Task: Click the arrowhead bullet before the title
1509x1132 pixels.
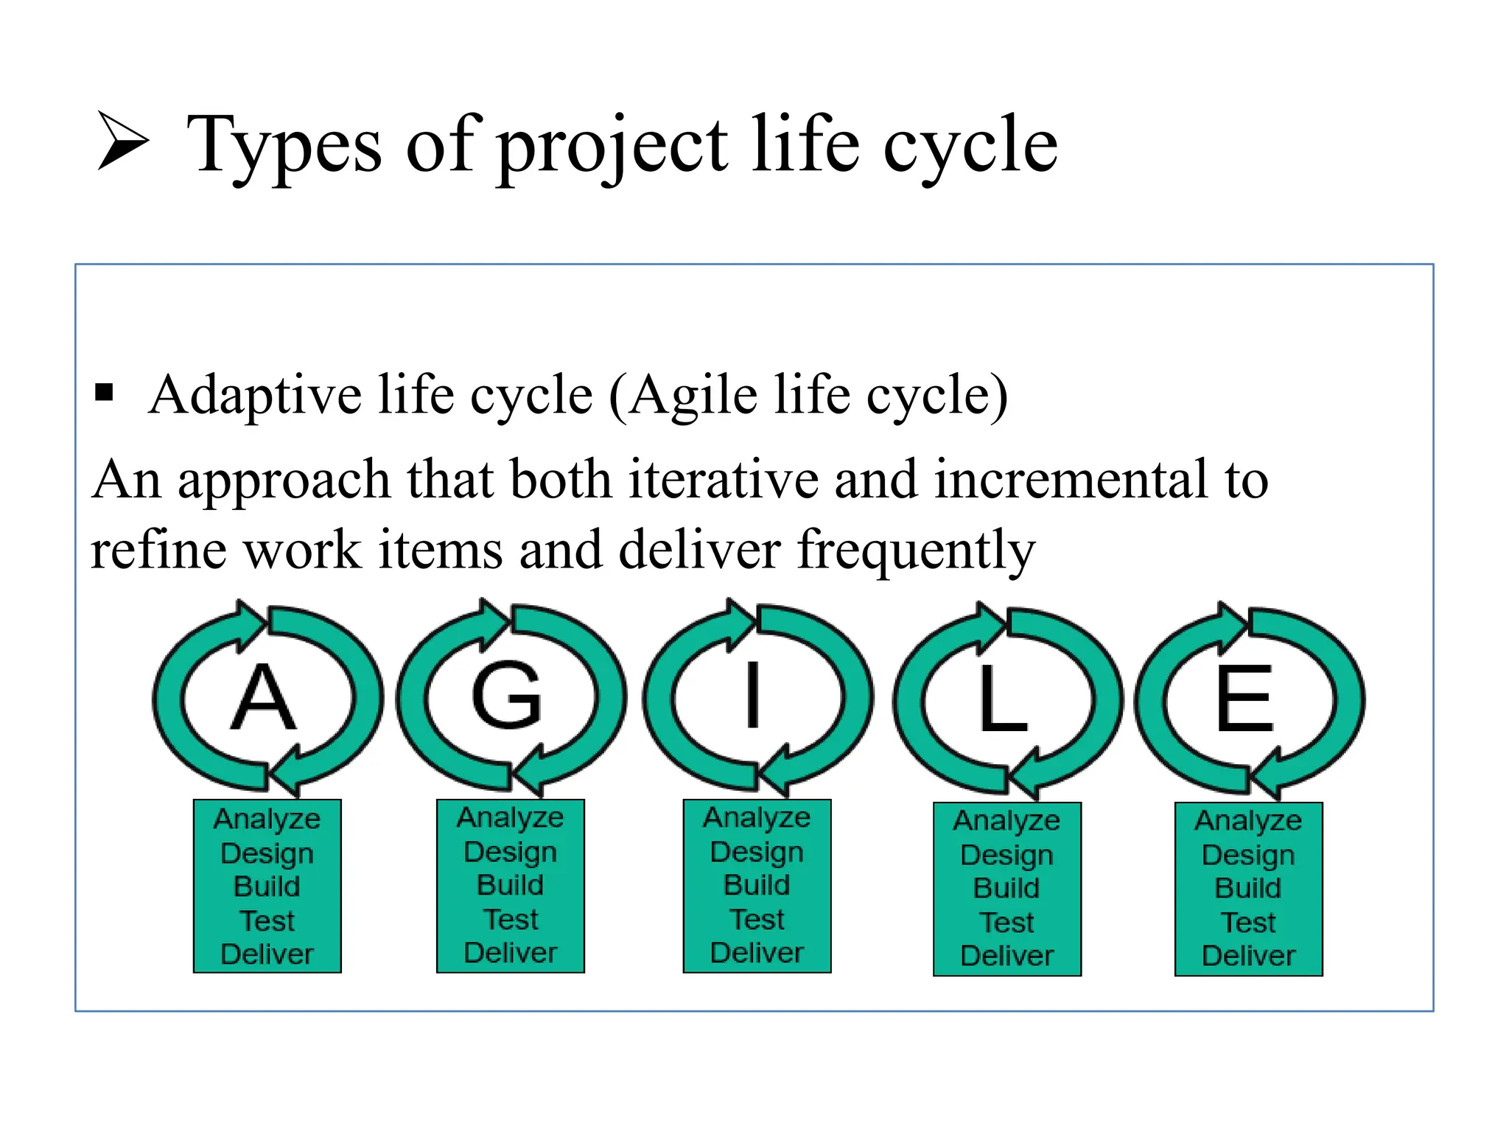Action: pyautogui.click(x=122, y=141)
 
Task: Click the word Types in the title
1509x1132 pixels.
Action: pyautogui.click(x=284, y=146)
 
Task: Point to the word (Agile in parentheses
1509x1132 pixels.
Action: pyautogui.click(x=682, y=396)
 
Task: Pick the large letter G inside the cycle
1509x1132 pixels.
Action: pyautogui.click(x=507, y=696)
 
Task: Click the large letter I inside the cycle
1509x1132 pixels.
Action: pyautogui.click(x=752, y=696)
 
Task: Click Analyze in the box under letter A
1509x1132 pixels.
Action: pyautogui.click(x=267, y=820)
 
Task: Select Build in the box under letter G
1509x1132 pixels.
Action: pyautogui.click(x=510, y=885)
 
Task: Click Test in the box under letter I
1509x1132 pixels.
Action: pyautogui.click(x=757, y=919)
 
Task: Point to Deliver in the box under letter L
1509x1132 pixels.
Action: pyautogui.click(x=1006, y=956)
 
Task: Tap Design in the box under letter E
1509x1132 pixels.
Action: pyautogui.click(x=1248, y=855)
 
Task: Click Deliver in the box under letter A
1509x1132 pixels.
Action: pyautogui.click(x=267, y=954)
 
